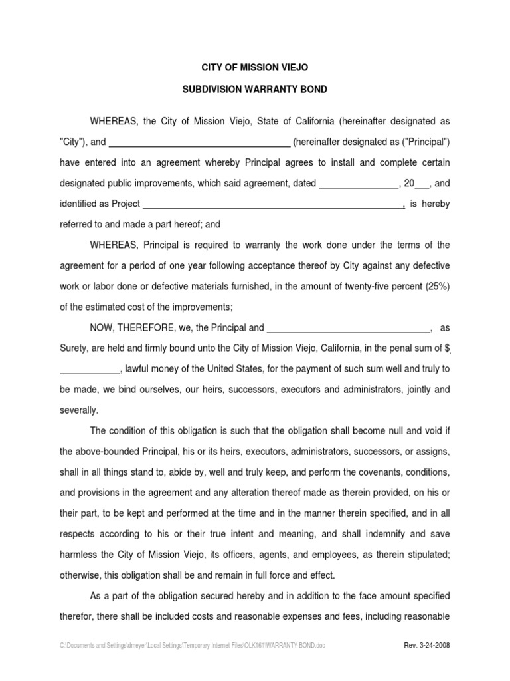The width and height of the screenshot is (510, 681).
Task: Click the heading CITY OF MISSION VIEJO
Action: (x=255, y=68)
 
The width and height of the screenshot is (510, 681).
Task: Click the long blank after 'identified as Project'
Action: (x=274, y=205)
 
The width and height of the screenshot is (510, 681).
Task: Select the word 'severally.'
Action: (x=78, y=410)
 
